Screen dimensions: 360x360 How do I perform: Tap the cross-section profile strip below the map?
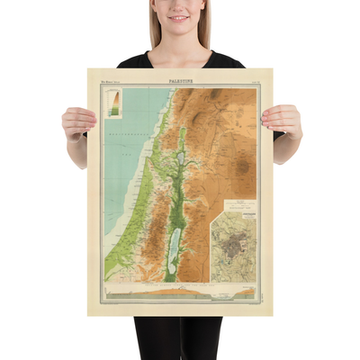[180, 292]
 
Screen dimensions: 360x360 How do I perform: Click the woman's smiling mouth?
[179, 18]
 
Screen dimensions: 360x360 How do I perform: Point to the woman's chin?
[179, 29]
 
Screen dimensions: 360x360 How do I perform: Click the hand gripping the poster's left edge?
[78, 121]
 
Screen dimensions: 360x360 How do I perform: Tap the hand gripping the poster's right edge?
[282, 119]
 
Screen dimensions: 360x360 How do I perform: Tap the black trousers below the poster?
[180, 337]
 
